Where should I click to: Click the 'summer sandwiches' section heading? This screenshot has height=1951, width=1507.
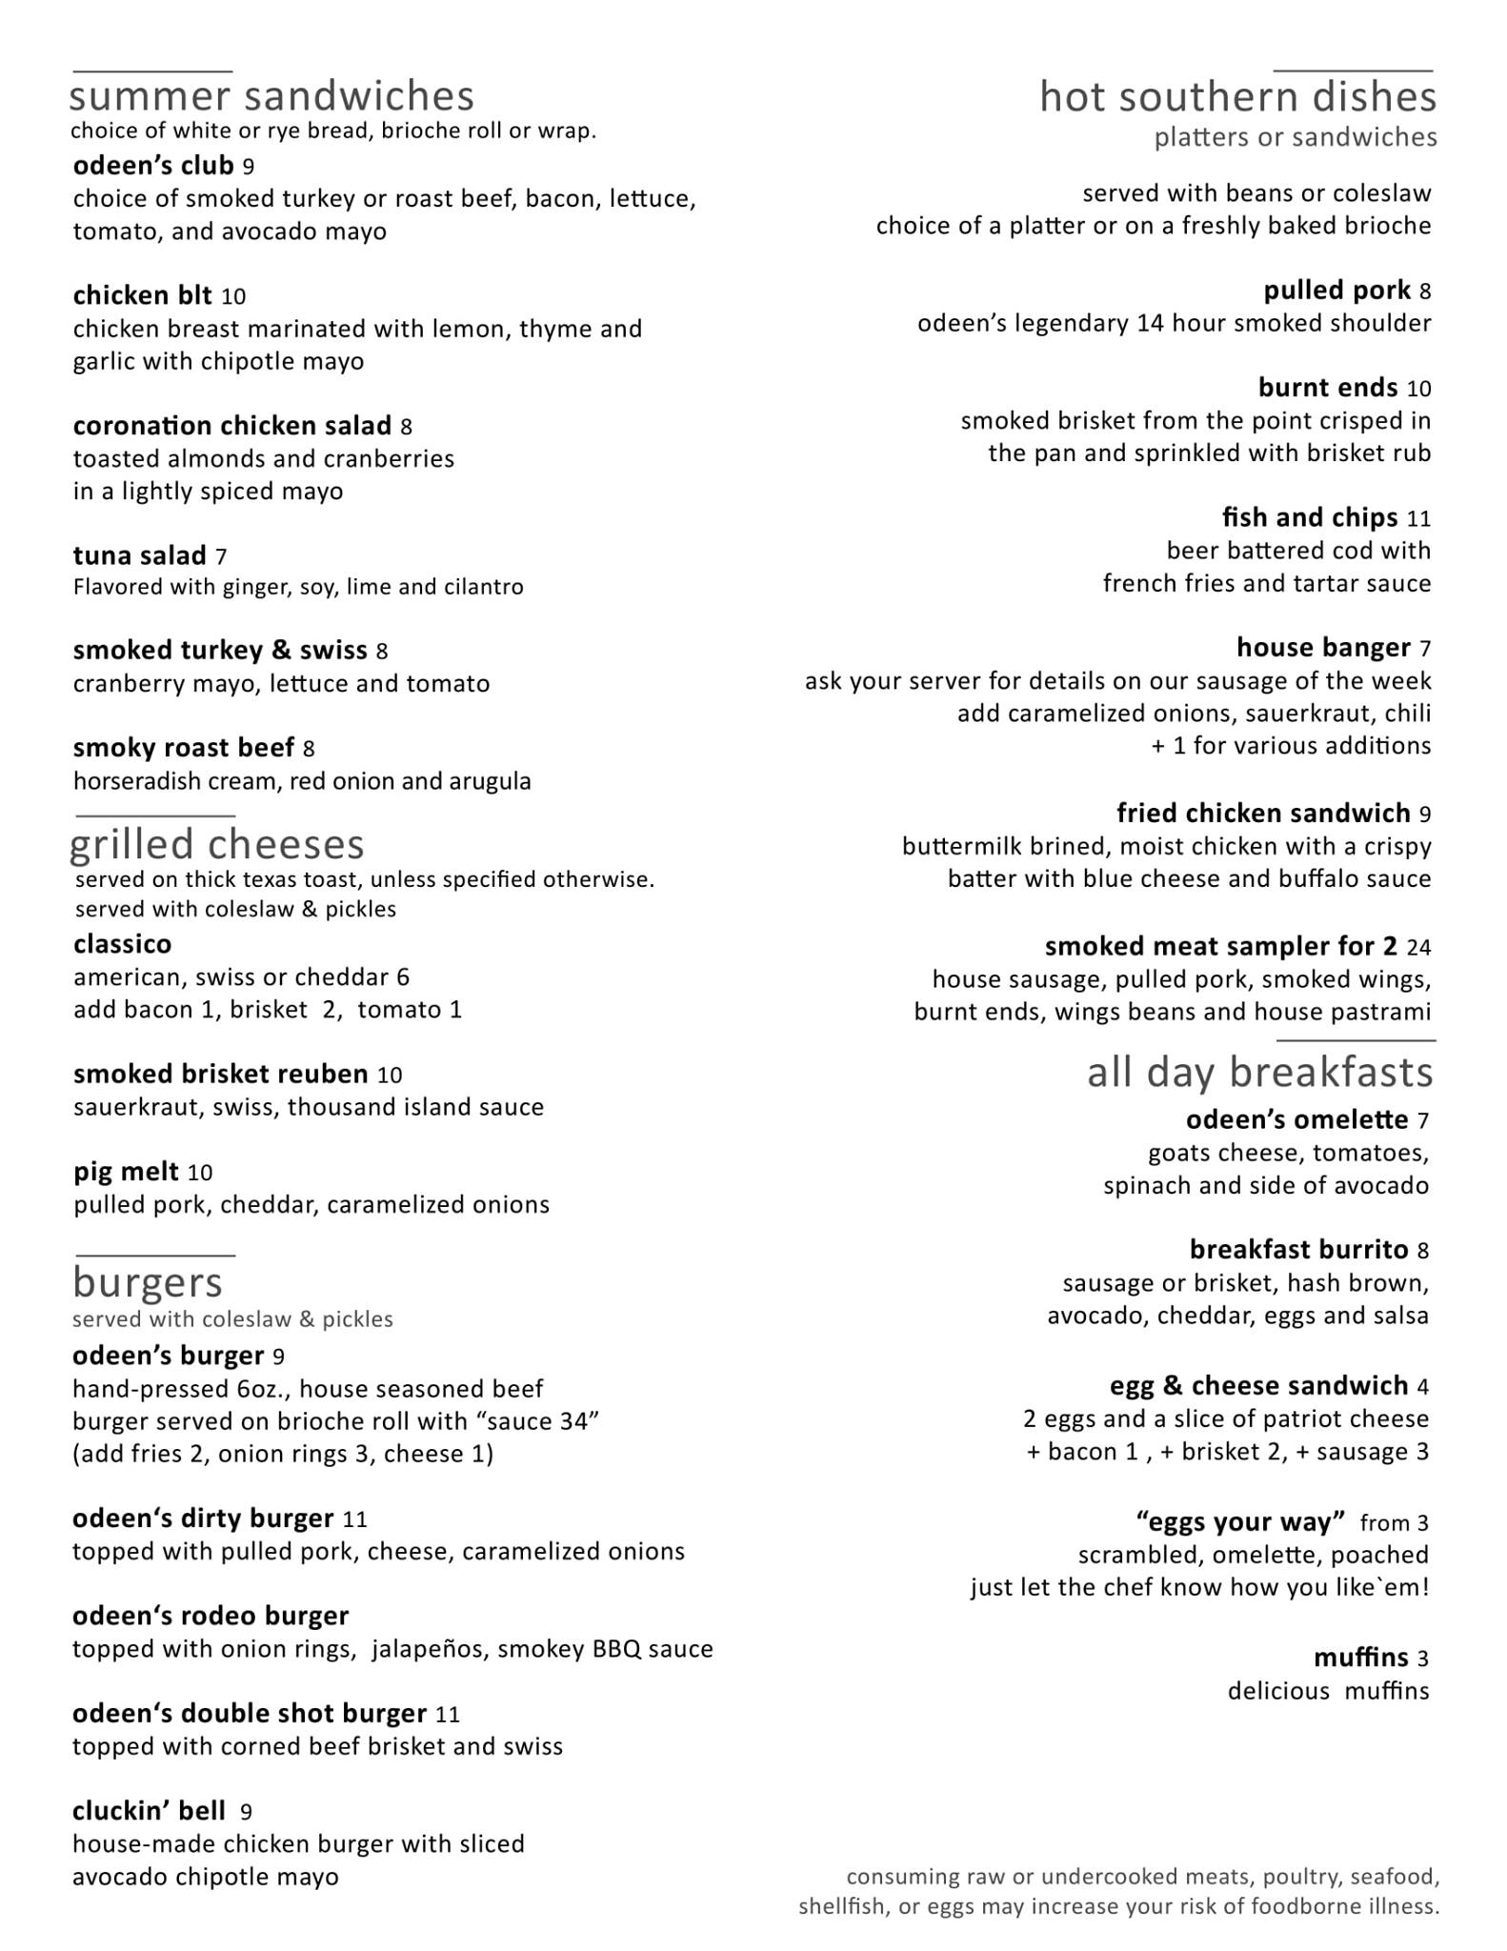[271, 97]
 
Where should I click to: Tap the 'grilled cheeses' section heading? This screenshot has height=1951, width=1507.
[217, 845]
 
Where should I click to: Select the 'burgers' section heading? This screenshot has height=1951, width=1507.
[148, 1283]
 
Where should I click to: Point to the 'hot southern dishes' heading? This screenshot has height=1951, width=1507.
[1237, 97]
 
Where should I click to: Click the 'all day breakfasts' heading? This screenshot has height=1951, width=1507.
[1259, 1073]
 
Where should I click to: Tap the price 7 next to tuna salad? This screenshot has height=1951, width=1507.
[221, 556]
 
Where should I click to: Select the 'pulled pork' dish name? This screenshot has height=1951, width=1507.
[1336, 291]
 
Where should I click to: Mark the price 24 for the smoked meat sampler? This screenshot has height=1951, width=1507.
[1418, 948]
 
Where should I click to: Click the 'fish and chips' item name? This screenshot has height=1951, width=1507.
[1310, 518]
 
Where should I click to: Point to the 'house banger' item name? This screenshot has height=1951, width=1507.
[1323, 649]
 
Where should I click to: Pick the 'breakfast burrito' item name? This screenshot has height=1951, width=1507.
[1298, 1250]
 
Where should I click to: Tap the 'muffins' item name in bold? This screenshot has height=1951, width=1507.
[1360, 1659]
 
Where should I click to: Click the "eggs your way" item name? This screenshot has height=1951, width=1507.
[1240, 1522]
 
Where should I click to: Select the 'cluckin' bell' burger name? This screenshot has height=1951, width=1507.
[150, 1811]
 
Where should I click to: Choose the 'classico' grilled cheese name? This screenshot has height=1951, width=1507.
[123, 945]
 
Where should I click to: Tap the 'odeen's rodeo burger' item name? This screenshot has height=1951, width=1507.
[211, 1617]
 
